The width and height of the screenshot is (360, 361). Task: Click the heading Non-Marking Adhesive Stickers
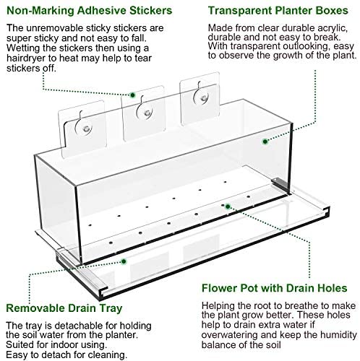click(90, 11)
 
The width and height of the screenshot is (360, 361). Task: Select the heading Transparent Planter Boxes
click(278, 11)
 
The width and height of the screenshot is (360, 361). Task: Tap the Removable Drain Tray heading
click(64, 308)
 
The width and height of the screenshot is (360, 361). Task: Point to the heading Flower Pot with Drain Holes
click(275, 288)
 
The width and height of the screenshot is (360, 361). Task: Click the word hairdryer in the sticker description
click(27, 58)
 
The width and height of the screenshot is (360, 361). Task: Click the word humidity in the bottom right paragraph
click(338, 335)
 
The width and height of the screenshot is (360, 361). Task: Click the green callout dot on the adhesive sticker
click(132, 95)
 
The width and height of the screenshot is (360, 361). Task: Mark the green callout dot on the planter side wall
click(265, 142)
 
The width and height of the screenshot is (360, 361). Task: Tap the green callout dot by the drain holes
click(228, 206)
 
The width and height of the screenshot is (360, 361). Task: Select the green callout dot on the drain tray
click(124, 261)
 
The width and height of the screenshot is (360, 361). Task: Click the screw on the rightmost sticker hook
click(204, 98)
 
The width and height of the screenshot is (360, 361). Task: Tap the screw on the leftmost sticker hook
click(86, 129)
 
